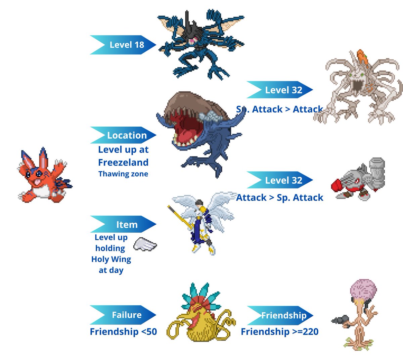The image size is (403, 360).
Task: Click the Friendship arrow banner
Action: [x=280, y=315]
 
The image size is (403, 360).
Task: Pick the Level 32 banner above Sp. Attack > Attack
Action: [x=280, y=90]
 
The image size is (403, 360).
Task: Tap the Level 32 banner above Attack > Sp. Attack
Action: [x=280, y=180]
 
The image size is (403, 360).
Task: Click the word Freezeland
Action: [x=123, y=163]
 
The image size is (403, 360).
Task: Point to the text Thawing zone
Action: [x=123, y=174]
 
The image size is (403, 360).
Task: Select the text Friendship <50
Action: [x=123, y=332]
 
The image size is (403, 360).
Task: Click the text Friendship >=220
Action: [x=280, y=332]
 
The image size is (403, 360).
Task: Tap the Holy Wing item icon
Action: [x=145, y=244]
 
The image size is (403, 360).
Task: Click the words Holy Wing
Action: [x=111, y=259]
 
